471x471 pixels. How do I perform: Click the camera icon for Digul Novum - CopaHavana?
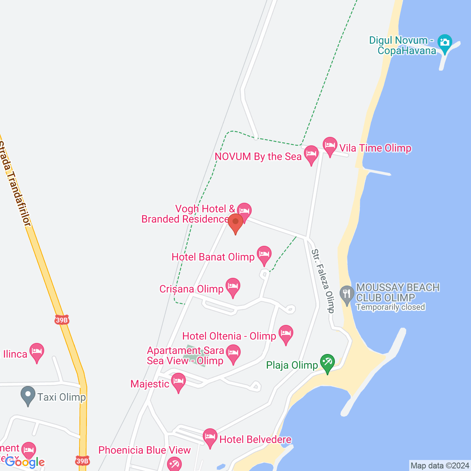click(x=445, y=43)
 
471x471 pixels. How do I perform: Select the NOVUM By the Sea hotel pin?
click(x=311, y=154)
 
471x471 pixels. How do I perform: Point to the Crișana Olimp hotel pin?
click(x=233, y=287)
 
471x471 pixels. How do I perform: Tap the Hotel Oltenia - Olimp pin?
click(x=286, y=334)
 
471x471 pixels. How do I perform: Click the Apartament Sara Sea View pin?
click(x=233, y=353)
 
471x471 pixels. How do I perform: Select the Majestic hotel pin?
click(x=178, y=382)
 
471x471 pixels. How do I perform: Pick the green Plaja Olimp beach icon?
click(x=327, y=362)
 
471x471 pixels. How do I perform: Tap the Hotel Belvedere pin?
click(x=210, y=437)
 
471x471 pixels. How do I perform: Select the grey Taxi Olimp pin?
click(x=28, y=395)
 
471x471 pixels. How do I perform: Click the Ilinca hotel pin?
click(x=36, y=352)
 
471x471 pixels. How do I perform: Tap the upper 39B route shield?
click(x=62, y=320)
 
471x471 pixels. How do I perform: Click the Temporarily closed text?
click(x=390, y=307)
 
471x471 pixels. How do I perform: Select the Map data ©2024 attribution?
click(x=440, y=466)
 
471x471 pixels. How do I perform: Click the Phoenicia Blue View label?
click(x=145, y=450)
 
